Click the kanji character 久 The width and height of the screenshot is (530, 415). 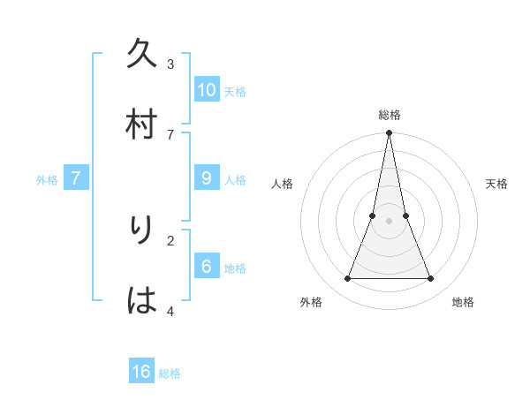[x=142, y=55]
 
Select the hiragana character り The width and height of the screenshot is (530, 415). [x=142, y=230]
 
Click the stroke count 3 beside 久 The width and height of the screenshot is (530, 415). [x=170, y=64]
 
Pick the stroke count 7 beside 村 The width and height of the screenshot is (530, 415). [x=170, y=134]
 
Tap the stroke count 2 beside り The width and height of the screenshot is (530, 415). [x=170, y=239]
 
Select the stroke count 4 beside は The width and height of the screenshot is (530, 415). [x=170, y=310]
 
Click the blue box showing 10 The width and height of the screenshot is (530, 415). [x=207, y=89]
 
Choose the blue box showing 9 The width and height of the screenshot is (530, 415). [x=207, y=177]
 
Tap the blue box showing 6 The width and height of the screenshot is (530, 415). [x=207, y=266]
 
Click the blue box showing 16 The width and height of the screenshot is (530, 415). [x=141, y=372]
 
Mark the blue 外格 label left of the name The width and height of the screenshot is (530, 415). [x=47, y=180]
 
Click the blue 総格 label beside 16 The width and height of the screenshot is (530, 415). [x=170, y=373]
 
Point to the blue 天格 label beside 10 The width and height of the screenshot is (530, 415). [x=235, y=92]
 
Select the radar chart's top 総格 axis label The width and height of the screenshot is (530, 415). [x=390, y=115]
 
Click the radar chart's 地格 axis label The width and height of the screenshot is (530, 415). [x=463, y=302]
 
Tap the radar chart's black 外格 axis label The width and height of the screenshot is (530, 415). [x=311, y=302]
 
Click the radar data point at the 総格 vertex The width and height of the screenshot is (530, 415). [x=390, y=133]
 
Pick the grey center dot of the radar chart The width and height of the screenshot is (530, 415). [x=390, y=222]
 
